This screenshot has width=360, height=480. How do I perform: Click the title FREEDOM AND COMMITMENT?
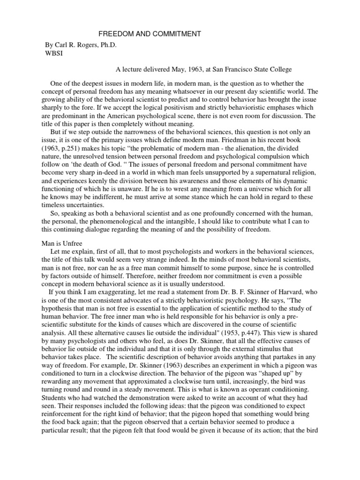click(x=150, y=34)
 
